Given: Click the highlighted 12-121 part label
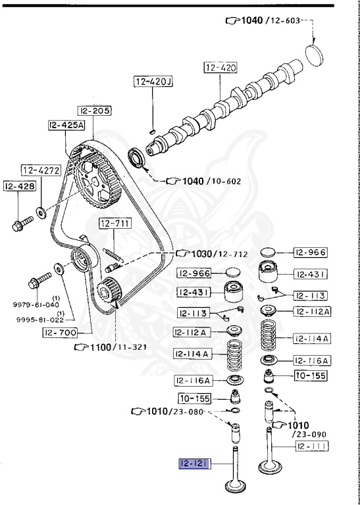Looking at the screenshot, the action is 195,464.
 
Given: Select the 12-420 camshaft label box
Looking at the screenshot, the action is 220,68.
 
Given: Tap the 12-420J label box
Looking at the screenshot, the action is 153,82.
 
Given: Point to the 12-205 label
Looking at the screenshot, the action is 94,110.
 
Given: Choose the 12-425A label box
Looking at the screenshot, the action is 66,126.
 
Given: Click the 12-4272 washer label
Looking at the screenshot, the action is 41,170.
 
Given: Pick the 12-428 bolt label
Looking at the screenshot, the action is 20,186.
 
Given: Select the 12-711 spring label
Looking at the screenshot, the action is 115,223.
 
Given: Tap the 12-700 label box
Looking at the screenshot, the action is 61,332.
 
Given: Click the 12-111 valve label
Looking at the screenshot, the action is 312,446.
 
